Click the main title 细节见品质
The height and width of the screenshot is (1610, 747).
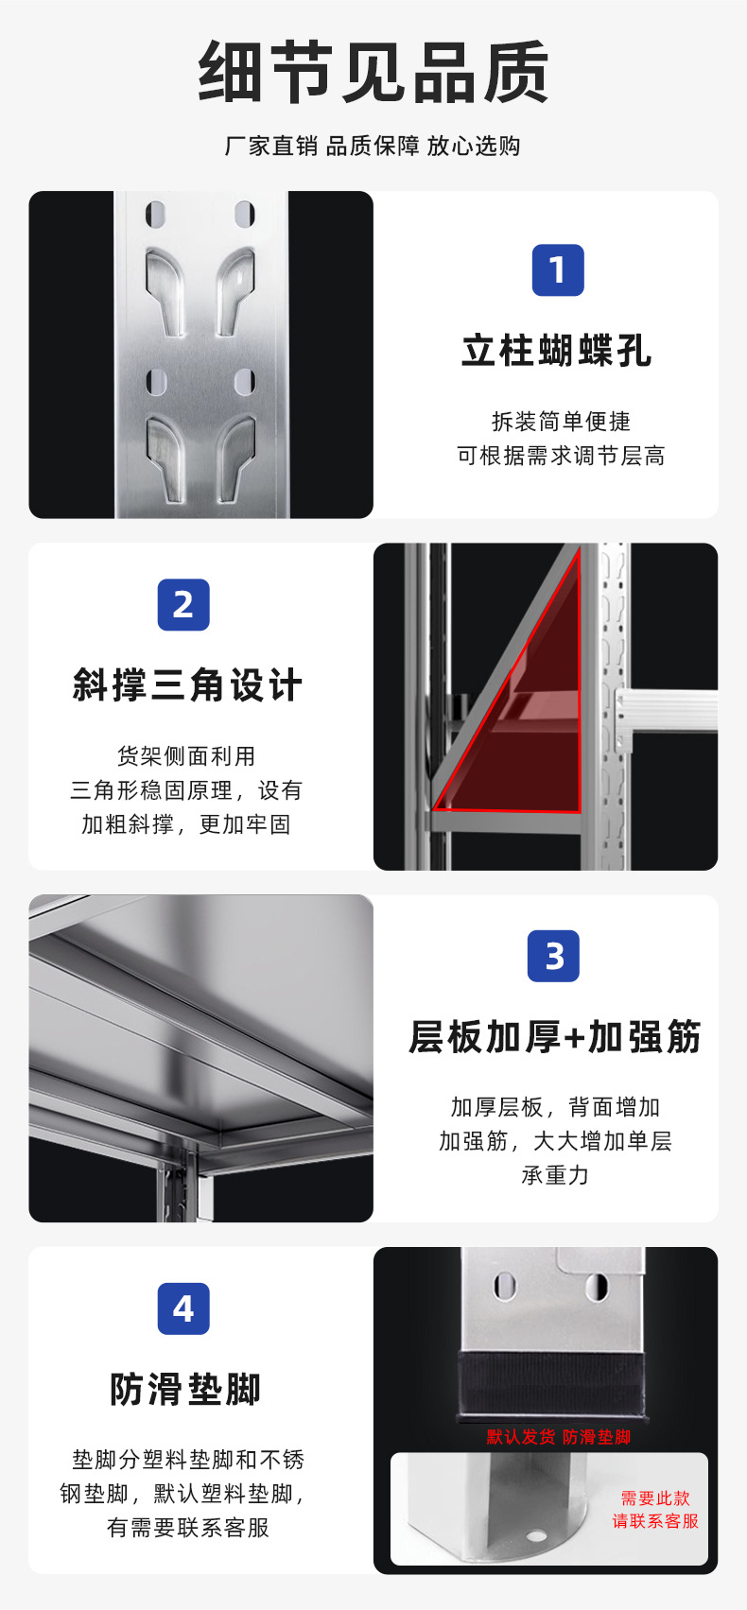coord(373,72)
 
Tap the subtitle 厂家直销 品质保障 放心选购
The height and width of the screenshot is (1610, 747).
coord(373,146)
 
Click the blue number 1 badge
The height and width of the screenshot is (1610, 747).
coord(558,270)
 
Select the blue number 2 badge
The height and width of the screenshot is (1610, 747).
coord(183,605)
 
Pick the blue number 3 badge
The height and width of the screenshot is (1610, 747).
coord(554,956)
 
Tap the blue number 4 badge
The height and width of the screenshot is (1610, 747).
coord(183,1308)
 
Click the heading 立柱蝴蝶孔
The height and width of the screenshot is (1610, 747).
coord(557,351)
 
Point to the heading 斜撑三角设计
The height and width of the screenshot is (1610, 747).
coord(187,685)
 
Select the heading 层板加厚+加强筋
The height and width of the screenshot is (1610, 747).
coord(555,1037)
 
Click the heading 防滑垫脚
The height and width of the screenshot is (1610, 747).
coord(185,1390)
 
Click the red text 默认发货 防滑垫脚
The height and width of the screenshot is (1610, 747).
coord(558,1437)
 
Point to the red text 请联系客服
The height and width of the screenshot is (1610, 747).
coord(655,1521)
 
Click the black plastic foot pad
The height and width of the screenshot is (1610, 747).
coord(553,1386)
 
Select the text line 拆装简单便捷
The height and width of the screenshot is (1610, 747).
coord(561,421)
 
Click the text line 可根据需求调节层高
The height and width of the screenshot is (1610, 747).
coord(561,456)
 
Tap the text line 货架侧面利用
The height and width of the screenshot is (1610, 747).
coord(186,756)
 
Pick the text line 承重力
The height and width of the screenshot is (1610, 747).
coord(555,1175)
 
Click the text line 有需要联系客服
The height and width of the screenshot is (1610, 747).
coord(188,1528)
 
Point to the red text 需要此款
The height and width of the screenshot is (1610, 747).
coord(655,1498)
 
